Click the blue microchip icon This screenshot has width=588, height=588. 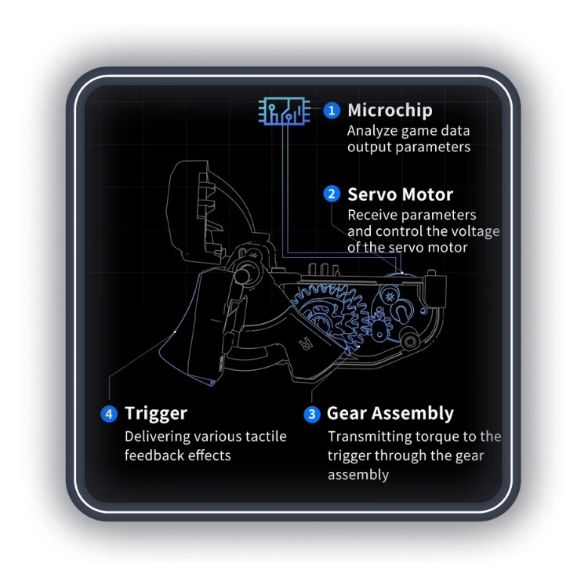pyautogui.click(x=285, y=111)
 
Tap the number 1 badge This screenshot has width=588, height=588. pyautogui.click(x=332, y=111)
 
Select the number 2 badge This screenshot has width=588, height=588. pyautogui.click(x=332, y=194)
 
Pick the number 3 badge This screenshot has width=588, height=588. pyautogui.click(x=311, y=415)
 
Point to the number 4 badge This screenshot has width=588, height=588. pyautogui.click(x=109, y=414)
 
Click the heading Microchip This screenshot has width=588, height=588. pyautogui.click(x=390, y=111)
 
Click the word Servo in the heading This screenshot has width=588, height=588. pyautogui.click(x=371, y=194)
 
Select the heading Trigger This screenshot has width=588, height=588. pyautogui.click(x=156, y=414)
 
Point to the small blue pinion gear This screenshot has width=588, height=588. pyautogui.click(x=379, y=328)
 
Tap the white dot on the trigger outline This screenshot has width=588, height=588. pyautogui.click(x=175, y=332)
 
